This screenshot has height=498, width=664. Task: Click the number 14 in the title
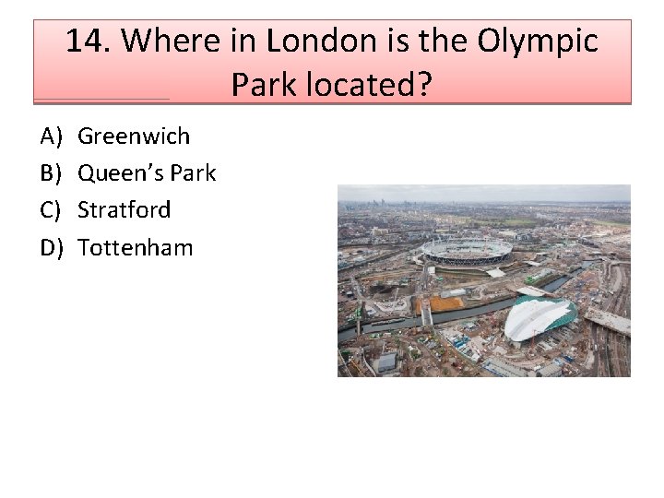click(x=86, y=41)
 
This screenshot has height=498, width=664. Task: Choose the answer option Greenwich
click(x=134, y=136)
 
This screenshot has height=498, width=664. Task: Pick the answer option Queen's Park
click(x=147, y=173)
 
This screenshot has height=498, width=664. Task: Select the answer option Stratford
click(x=125, y=210)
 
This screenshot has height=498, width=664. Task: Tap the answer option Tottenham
click(x=136, y=247)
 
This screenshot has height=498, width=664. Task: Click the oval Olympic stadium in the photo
click(x=467, y=250)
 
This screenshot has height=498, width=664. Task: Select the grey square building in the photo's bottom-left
click(x=386, y=362)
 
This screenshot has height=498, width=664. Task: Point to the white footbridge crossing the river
click(x=427, y=314)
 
